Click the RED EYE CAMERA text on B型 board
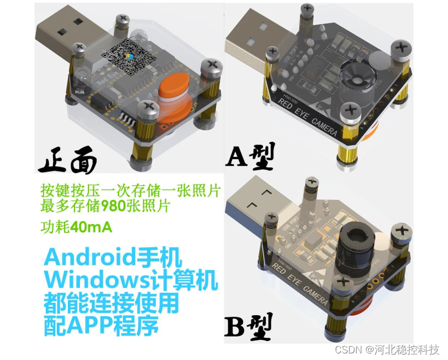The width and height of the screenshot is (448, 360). click(300, 284)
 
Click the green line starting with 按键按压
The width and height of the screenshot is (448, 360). click(130, 190)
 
